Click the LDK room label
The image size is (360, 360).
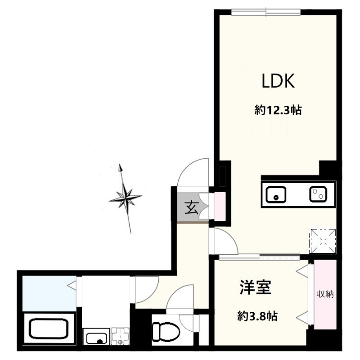pos(278,81)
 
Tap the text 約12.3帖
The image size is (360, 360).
pos(277,110)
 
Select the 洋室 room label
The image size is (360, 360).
pos(255,288)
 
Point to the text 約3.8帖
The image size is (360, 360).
pos(256,316)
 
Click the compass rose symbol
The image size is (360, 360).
pos(126,197)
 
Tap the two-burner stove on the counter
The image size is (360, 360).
pos(317,194)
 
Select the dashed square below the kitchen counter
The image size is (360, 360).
pos(322,240)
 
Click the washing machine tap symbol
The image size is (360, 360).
pos(120,336)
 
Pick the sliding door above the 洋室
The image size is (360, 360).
pos(260,257)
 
